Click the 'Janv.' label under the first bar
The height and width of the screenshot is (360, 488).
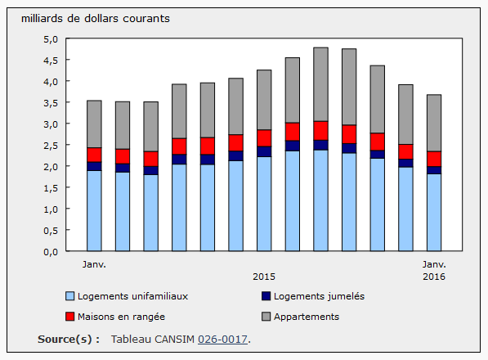[94, 265]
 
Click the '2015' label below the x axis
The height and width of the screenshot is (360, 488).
[264, 277]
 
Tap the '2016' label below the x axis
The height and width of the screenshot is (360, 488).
[433, 277]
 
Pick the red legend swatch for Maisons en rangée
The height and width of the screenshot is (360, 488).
[69, 317]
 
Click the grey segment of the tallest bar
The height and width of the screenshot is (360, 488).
[320, 84]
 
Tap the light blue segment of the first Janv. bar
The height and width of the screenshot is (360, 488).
[94, 210]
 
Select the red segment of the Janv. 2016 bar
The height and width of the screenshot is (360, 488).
[433, 159]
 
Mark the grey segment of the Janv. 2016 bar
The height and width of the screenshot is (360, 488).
[433, 123]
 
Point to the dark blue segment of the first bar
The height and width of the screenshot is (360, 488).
[94, 166]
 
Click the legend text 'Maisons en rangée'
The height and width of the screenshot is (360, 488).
[122, 317]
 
